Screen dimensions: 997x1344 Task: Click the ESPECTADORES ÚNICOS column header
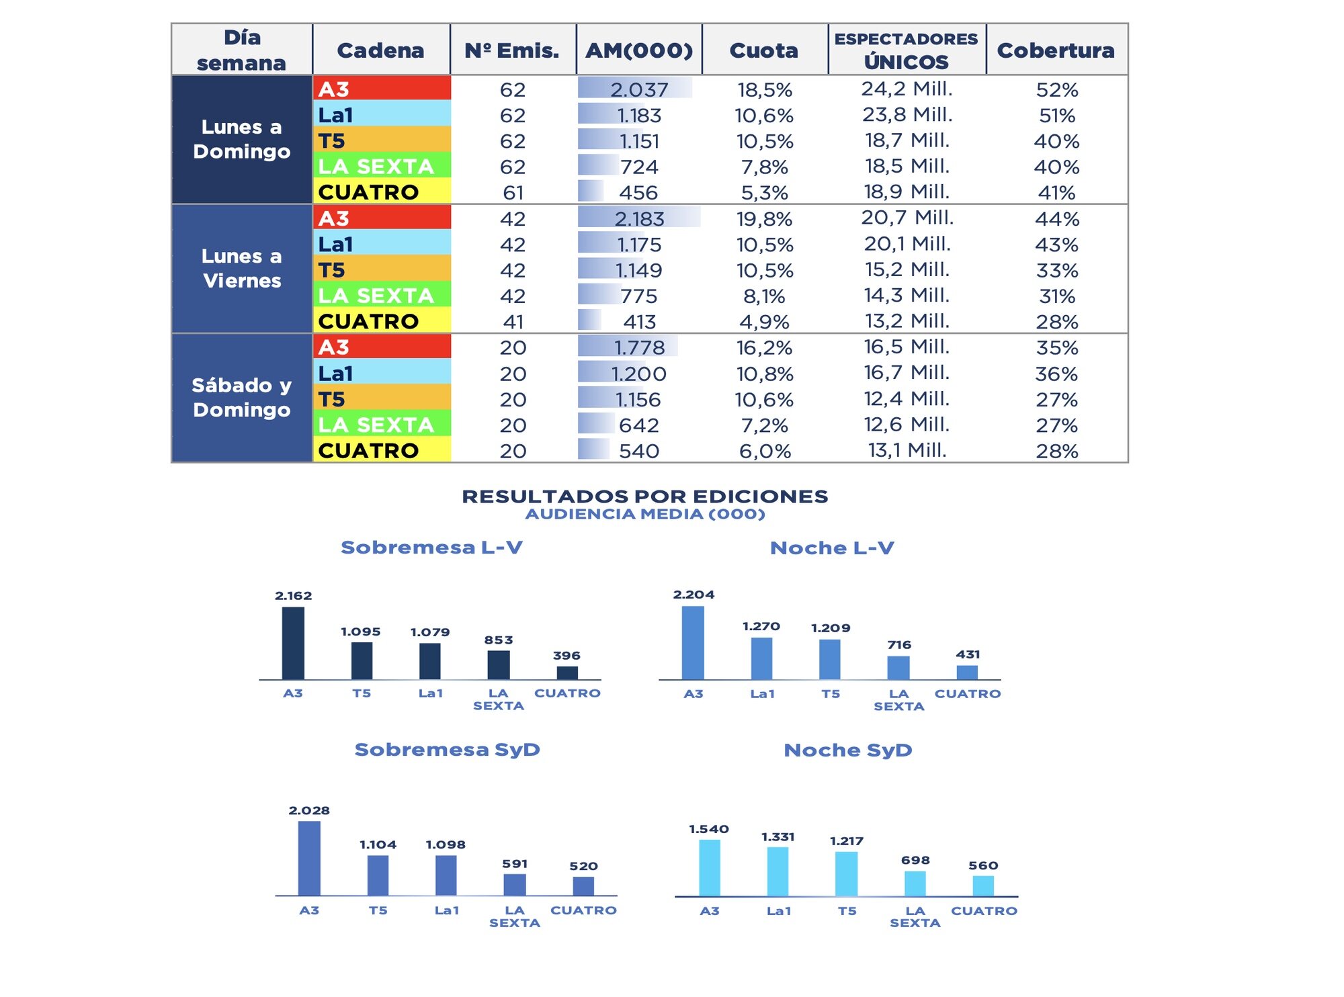coord(906,50)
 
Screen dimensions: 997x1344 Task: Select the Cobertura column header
coord(1055,50)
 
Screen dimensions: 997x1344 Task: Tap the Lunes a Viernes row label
coord(242,268)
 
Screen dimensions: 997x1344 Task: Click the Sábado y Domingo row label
coord(242,397)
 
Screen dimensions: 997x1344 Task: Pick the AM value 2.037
coord(638,89)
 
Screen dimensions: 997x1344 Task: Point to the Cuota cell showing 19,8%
coord(764,219)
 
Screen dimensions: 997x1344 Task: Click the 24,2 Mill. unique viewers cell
coord(907,89)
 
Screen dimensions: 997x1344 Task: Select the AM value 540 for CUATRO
coord(638,451)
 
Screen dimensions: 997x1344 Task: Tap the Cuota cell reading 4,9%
coord(764,322)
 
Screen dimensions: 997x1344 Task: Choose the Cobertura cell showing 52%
coord(1056,89)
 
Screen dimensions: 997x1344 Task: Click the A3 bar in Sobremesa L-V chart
coord(293,643)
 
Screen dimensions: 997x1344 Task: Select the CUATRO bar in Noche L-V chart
coord(967,673)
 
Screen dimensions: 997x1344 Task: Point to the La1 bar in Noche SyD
coord(778,871)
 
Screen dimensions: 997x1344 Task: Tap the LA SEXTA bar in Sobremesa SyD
coord(515,885)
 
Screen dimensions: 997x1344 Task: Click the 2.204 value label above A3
coord(694,595)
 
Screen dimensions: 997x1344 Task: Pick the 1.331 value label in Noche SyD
coord(778,837)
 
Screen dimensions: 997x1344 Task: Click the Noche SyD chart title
coord(847,750)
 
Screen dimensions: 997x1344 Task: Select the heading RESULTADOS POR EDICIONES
coord(644,496)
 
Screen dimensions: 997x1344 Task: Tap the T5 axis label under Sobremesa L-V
coord(362,693)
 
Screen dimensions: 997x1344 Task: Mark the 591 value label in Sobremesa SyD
coord(515,864)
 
